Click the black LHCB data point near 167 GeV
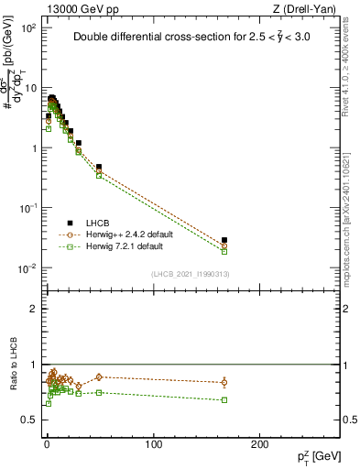click(224, 240)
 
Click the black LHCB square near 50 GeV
click(99, 168)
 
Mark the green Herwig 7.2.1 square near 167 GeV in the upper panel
click(224, 251)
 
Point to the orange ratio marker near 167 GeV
click(224, 382)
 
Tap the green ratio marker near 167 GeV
click(224, 399)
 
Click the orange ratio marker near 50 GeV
click(99, 376)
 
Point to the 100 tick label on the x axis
click(154, 444)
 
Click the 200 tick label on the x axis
click(261, 444)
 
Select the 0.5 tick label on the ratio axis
click(29, 420)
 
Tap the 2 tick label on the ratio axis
click(33, 309)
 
